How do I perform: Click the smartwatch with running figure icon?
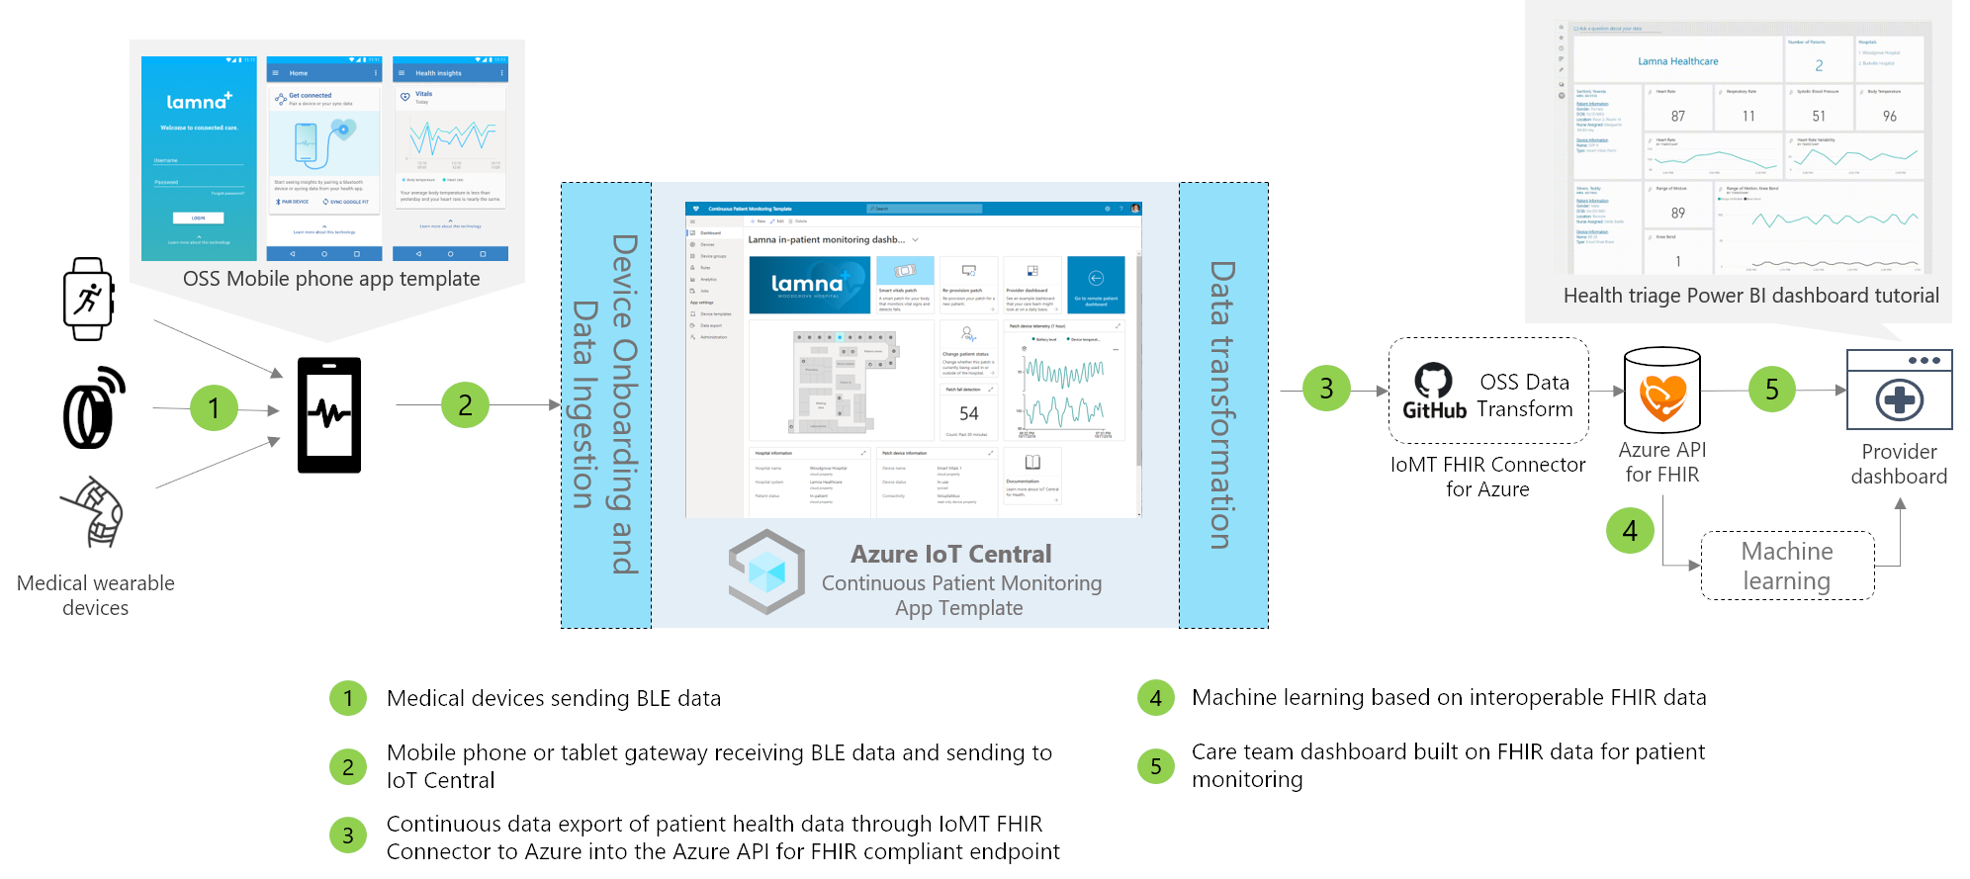(x=88, y=299)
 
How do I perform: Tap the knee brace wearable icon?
(x=94, y=511)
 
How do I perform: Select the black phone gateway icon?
(x=329, y=415)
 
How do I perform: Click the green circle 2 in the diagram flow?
(x=465, y=404)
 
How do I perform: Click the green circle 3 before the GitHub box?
(x=1326, y=389)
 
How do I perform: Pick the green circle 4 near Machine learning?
(x=1630, y=531)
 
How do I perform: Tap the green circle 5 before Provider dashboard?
(x=1772, y=390)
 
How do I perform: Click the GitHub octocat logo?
(x=1433, y=381)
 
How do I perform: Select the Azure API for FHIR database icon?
(x=1662, y=391)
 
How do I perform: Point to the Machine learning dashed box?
(x=1787, y=566)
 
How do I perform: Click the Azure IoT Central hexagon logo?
(x=766, y=571)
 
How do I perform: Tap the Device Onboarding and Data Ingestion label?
(x=605, y=404)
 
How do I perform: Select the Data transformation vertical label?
(x=1223, y=404)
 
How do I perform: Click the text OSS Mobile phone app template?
(x=331, y=279)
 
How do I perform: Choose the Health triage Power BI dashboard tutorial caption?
(x=1750, y=296)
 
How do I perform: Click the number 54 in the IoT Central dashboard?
(x=968, y=413)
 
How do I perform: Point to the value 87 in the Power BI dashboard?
(x=1678, y=116)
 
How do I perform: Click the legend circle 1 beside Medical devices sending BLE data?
(x=348, y=698)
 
